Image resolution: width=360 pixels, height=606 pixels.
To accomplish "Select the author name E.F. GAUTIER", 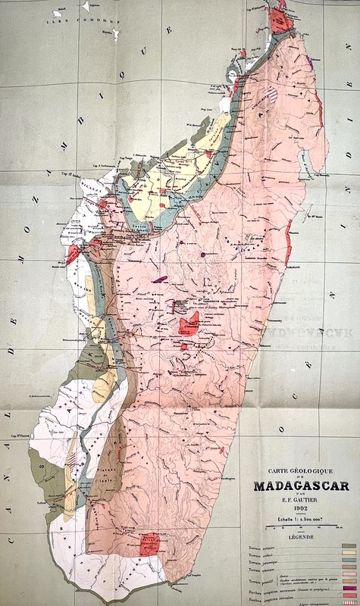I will click(296, 500).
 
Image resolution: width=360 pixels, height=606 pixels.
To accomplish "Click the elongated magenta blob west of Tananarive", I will click(160, 279).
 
